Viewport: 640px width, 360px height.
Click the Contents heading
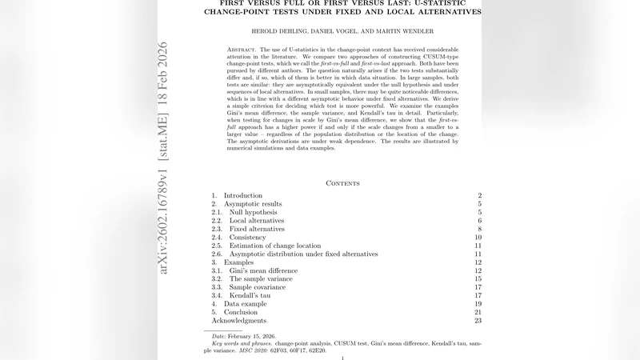tap(342, 183)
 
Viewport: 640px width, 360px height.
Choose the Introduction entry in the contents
tap(242, 196)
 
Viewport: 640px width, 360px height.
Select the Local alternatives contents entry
tap(256, 221)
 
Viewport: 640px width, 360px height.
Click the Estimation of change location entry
tap(274, 246)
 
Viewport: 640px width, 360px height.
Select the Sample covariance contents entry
tap(258, 287)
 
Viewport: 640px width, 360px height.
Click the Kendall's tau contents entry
tap(250, 296)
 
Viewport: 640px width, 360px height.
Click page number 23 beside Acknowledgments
tap(477, 321)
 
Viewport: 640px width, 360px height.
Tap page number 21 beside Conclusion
tap(477, 313)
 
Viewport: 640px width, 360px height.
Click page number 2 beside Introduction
tap(478, 196)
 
